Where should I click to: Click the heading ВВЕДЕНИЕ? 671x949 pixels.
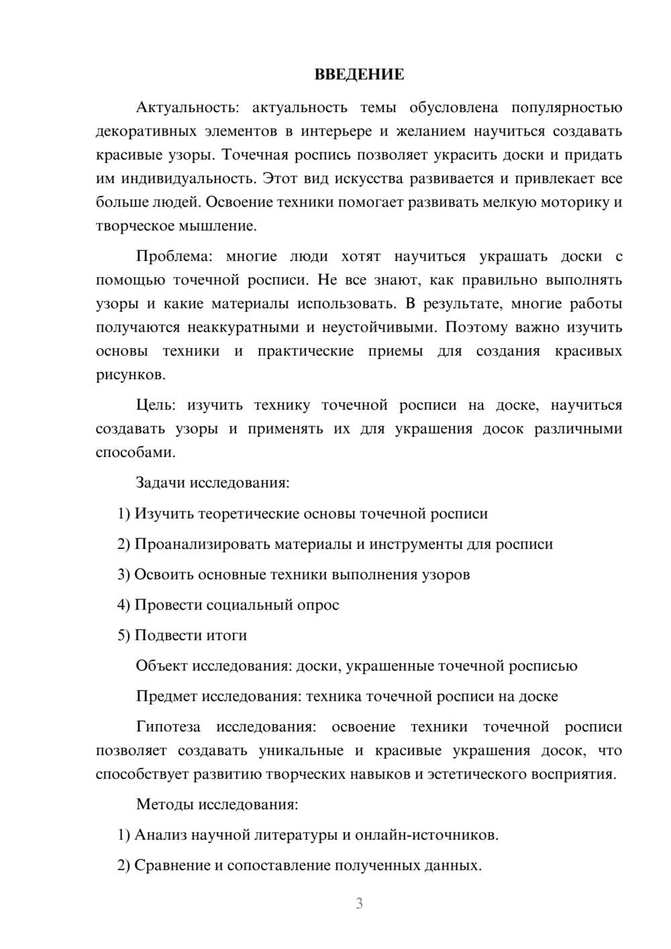point(359,74)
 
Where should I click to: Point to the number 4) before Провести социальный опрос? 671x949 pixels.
point(123,605)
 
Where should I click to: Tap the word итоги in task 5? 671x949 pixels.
point(229,635)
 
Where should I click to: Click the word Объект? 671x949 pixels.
point(161,666)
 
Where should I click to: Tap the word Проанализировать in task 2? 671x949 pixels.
point(202,544)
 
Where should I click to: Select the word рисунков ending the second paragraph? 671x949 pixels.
point(130,374)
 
